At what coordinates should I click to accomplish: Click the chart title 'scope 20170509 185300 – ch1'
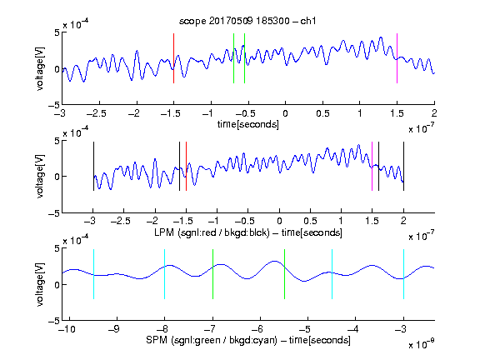(x=247, y=21)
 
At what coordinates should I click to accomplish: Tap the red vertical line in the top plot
(x=173, y=58)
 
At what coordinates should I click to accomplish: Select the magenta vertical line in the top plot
(x=397, y=58)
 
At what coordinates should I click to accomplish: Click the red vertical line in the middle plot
(x=186, y=166)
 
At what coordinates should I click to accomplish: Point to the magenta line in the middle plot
(x=372, y=166)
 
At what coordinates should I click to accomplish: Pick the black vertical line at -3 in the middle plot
(x=93, y=166)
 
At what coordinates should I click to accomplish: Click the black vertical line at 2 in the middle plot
(x=403, y=166)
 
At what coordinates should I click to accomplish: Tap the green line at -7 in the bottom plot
(x=212, y=274)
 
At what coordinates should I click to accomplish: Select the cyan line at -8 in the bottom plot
(x=165, y=274)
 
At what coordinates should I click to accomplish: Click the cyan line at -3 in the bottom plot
(x=403, y=274)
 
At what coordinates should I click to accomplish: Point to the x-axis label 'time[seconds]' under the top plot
(x=248, y=124)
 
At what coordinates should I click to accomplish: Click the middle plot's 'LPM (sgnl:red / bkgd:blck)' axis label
(x=212, y=232)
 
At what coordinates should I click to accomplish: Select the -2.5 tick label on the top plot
(x=96, y=113)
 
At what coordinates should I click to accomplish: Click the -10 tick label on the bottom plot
(x=67, y=329)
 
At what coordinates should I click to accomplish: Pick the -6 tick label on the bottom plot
(x=259, y=329)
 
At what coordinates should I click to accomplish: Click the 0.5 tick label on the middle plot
(x=310, y=221)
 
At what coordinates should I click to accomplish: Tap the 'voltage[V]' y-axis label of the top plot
(x=40, y=68)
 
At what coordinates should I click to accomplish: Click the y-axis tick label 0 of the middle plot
(x=57, y=177)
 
